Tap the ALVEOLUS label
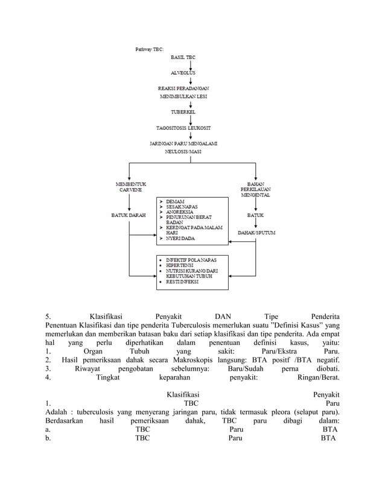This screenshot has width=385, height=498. click(183, 72)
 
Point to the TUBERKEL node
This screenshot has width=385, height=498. click(183, 112)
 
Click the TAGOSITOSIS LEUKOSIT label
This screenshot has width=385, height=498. click(183, 127)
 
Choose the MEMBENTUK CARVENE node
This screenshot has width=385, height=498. click(130, 186)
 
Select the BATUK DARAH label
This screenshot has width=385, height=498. click(129, 215)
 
